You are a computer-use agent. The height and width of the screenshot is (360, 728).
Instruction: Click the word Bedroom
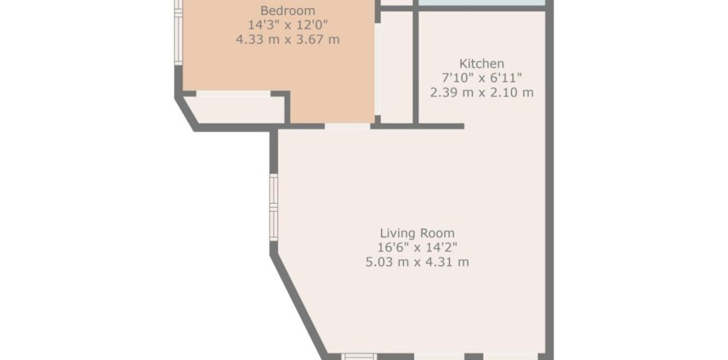[x=287, y=10]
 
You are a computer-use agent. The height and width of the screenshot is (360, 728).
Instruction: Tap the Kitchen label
[x=482, y=63]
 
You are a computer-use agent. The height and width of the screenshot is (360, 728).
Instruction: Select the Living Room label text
[x=417, y=232]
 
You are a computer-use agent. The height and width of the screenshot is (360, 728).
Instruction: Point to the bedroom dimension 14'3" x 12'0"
[x=287, y=25]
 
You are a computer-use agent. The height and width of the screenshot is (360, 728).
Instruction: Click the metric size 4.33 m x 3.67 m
[x=287, y=39]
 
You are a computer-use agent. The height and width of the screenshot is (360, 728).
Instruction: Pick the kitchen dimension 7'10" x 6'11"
[x=482, y=78]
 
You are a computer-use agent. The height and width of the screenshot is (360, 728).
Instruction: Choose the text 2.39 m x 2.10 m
[x=482, y=92]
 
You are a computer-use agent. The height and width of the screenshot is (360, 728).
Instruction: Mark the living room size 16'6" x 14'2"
[x=417, y=247]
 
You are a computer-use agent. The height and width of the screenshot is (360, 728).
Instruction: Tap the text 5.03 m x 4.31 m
[x=417, y=262]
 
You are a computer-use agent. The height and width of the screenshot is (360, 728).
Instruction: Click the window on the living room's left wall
[x=273, y=207]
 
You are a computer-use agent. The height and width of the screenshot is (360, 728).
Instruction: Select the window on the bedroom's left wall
[x=178, y=33]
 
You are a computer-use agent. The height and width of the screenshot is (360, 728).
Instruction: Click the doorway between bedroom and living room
[x=348, y=126]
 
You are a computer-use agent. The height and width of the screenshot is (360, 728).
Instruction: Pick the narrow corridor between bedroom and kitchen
[x=396, y=67]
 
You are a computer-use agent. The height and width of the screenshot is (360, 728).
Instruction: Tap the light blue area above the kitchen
[x=482, y=2]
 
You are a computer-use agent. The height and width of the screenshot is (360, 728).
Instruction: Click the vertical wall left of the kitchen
[x=416, y=67]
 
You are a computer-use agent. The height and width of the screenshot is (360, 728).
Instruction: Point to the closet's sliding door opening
[x=233, y=93]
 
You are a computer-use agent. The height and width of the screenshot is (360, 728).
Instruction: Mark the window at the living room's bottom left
[x=359, y=357]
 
